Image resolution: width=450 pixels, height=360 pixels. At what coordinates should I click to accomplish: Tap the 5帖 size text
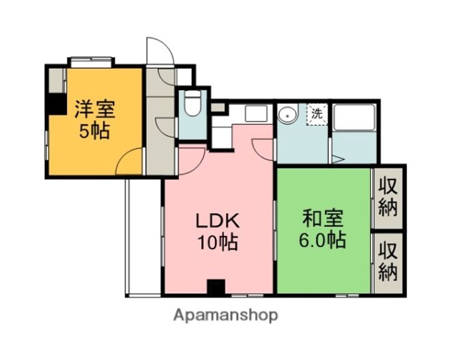[95, 131]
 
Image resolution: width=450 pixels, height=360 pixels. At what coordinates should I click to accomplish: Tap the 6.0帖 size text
[322, 241]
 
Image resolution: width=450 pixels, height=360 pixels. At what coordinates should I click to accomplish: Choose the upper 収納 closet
[388, 197]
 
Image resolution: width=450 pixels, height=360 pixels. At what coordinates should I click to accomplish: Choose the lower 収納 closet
[388, 263]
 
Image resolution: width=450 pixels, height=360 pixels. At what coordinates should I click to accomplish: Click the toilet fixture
[192, 105]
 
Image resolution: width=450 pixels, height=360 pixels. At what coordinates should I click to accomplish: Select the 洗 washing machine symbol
[317, 114]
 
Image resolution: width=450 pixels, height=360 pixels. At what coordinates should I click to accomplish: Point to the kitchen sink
[255, 114]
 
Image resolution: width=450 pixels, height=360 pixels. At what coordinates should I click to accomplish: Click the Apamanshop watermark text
[225, 315]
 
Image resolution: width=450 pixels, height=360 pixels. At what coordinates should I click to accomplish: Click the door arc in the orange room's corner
[131, 162]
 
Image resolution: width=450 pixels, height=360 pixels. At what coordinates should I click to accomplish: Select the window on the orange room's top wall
[91, 62]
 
